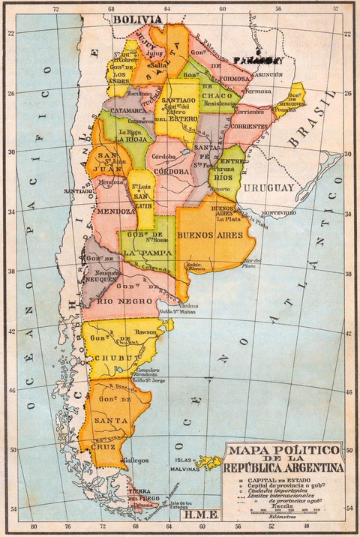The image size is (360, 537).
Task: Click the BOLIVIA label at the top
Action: click(x=137, y=19)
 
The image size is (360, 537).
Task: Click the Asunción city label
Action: click(x=266, y=75)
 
